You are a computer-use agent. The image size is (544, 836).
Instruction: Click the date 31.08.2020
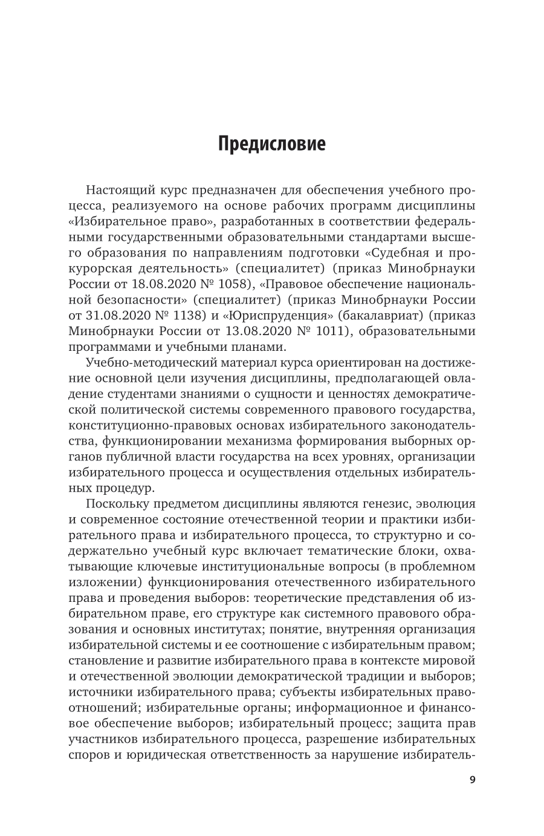click(121, 316)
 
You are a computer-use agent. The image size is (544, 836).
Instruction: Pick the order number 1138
click(192, 316)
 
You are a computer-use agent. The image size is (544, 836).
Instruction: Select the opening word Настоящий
click(121, 190)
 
